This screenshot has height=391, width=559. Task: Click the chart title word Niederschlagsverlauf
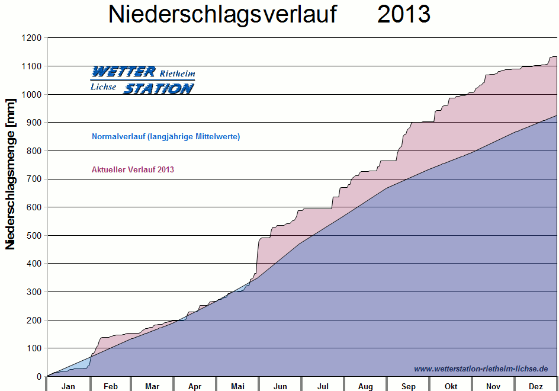222,15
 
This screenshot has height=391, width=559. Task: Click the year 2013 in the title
404,15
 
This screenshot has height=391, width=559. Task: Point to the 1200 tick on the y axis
33,38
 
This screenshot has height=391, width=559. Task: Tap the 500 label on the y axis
35,235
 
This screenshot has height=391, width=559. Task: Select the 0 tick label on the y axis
39,376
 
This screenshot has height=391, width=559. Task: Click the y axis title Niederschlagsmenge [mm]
11,175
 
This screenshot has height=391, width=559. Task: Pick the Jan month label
69,387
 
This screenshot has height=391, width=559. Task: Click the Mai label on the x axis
237,387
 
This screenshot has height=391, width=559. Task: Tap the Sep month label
408,387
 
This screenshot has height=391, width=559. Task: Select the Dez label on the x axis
536,387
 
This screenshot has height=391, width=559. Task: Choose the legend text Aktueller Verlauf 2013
133,170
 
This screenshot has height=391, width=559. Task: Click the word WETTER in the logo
123,72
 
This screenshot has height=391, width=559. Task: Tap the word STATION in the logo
158,88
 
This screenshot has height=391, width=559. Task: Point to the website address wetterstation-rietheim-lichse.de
481,368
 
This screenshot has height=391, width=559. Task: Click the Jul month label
323,387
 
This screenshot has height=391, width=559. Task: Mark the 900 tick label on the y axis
35,123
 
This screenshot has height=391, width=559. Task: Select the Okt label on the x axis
451,387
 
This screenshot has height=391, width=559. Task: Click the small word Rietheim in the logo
177,73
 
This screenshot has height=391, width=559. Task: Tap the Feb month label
111,387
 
